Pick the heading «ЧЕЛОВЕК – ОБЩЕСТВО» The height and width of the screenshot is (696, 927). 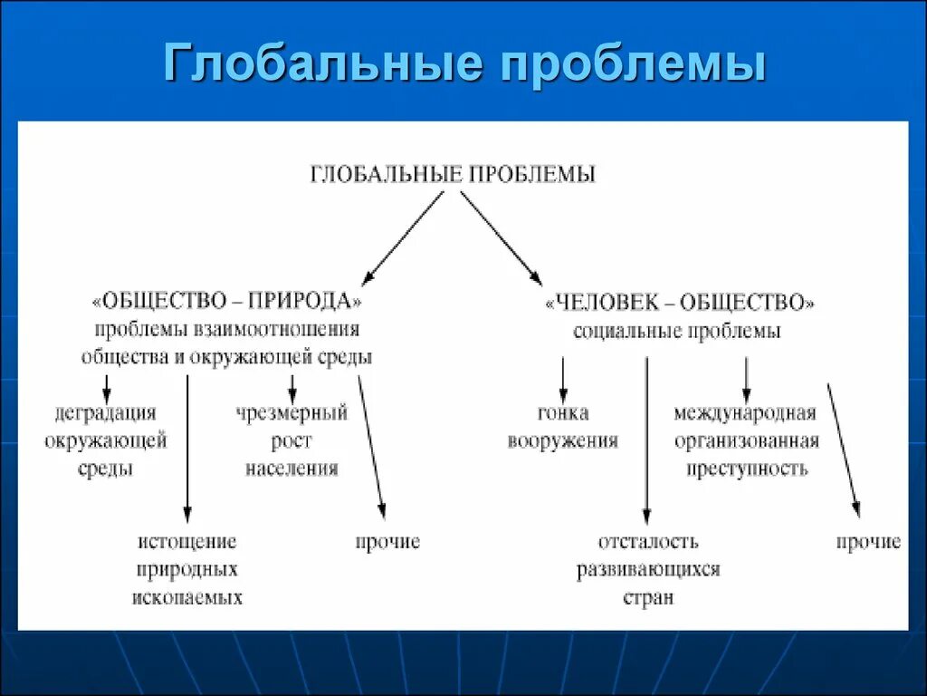680,302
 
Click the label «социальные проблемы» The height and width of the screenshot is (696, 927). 677,332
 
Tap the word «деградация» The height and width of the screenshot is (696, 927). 105,413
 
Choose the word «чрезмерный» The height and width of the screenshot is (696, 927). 291,413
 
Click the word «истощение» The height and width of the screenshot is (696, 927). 187,542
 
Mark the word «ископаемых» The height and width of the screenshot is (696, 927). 187,598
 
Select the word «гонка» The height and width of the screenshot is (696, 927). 562,413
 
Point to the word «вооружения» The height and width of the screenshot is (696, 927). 562,441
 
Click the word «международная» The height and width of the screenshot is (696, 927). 745,413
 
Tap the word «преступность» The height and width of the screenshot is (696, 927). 746,469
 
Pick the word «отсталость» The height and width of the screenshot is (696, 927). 648,542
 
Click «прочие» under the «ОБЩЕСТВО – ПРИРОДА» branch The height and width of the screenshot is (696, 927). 387,542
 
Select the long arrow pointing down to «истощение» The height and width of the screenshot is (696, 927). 187,444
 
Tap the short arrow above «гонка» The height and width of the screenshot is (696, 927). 562,379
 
